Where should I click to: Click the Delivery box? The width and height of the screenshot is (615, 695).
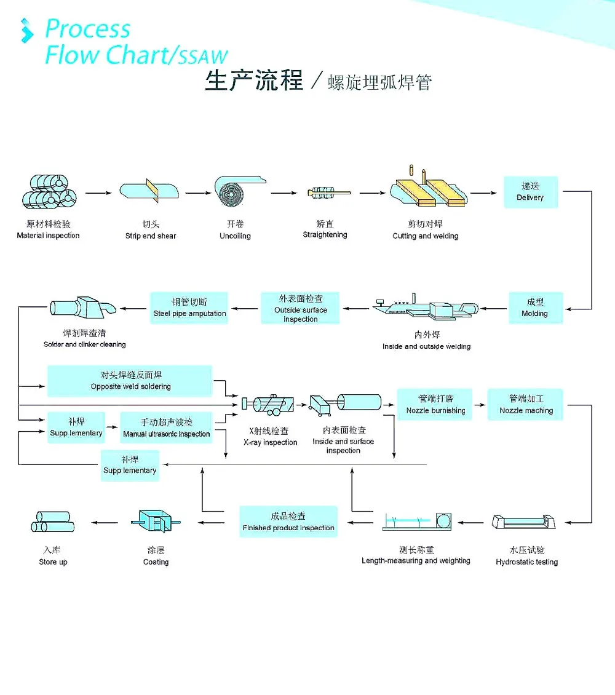pyautogui.click(x=530, y=191)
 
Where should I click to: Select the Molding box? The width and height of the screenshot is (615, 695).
pyautogui.click(x=534, y=308)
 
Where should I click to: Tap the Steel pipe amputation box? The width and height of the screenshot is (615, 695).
pyautogui.click(x=189, y=308)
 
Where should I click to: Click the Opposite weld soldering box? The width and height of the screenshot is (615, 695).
pyautogui.click(x=130, y=381)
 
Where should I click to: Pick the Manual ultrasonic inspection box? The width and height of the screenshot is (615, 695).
pyautogui.click(x=166, y=428)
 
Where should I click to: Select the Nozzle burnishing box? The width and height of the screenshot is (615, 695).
pyautogui.click(x=435, y=405)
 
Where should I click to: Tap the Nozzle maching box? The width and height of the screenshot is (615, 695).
pyautogui.click(x=525, y=405)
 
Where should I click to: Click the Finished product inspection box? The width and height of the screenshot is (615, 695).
pyautogui.click(x=288, y=522)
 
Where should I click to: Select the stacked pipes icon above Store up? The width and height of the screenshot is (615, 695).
pyautogui.click(x=53, y=522)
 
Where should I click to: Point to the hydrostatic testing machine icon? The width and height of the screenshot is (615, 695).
pyautogui.click(x=525, y=522)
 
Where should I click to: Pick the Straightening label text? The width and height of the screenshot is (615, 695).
pyautogui.click(x=325, y=234)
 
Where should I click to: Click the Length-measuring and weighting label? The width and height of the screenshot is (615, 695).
pyautogui.click(x=416, y=560)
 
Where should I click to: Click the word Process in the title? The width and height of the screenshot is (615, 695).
pyautogui.click(x=88, y=29)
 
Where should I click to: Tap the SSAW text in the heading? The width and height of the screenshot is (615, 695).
pyautogui.click(x=203, y=57)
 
